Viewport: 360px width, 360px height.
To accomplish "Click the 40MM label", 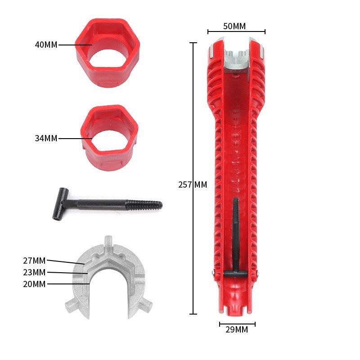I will point(46,45).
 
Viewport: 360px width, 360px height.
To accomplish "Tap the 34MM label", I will point(46,139).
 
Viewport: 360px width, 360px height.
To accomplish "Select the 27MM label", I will point(34,260).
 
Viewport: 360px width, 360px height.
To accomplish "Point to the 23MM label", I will point(34,272).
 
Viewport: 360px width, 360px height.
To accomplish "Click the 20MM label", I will point(34,284).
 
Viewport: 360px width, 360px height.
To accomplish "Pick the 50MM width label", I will point(234,26).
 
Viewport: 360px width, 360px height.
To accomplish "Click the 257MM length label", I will point(193,184).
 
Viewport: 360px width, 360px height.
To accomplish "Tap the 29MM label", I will point(237,330).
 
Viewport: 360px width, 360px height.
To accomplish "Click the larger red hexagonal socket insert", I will point(107,53).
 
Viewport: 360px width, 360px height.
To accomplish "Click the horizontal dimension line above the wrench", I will point(236,32).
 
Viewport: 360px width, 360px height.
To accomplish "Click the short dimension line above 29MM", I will point(237,324).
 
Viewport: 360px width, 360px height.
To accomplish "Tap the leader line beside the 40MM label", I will point(75,45).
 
